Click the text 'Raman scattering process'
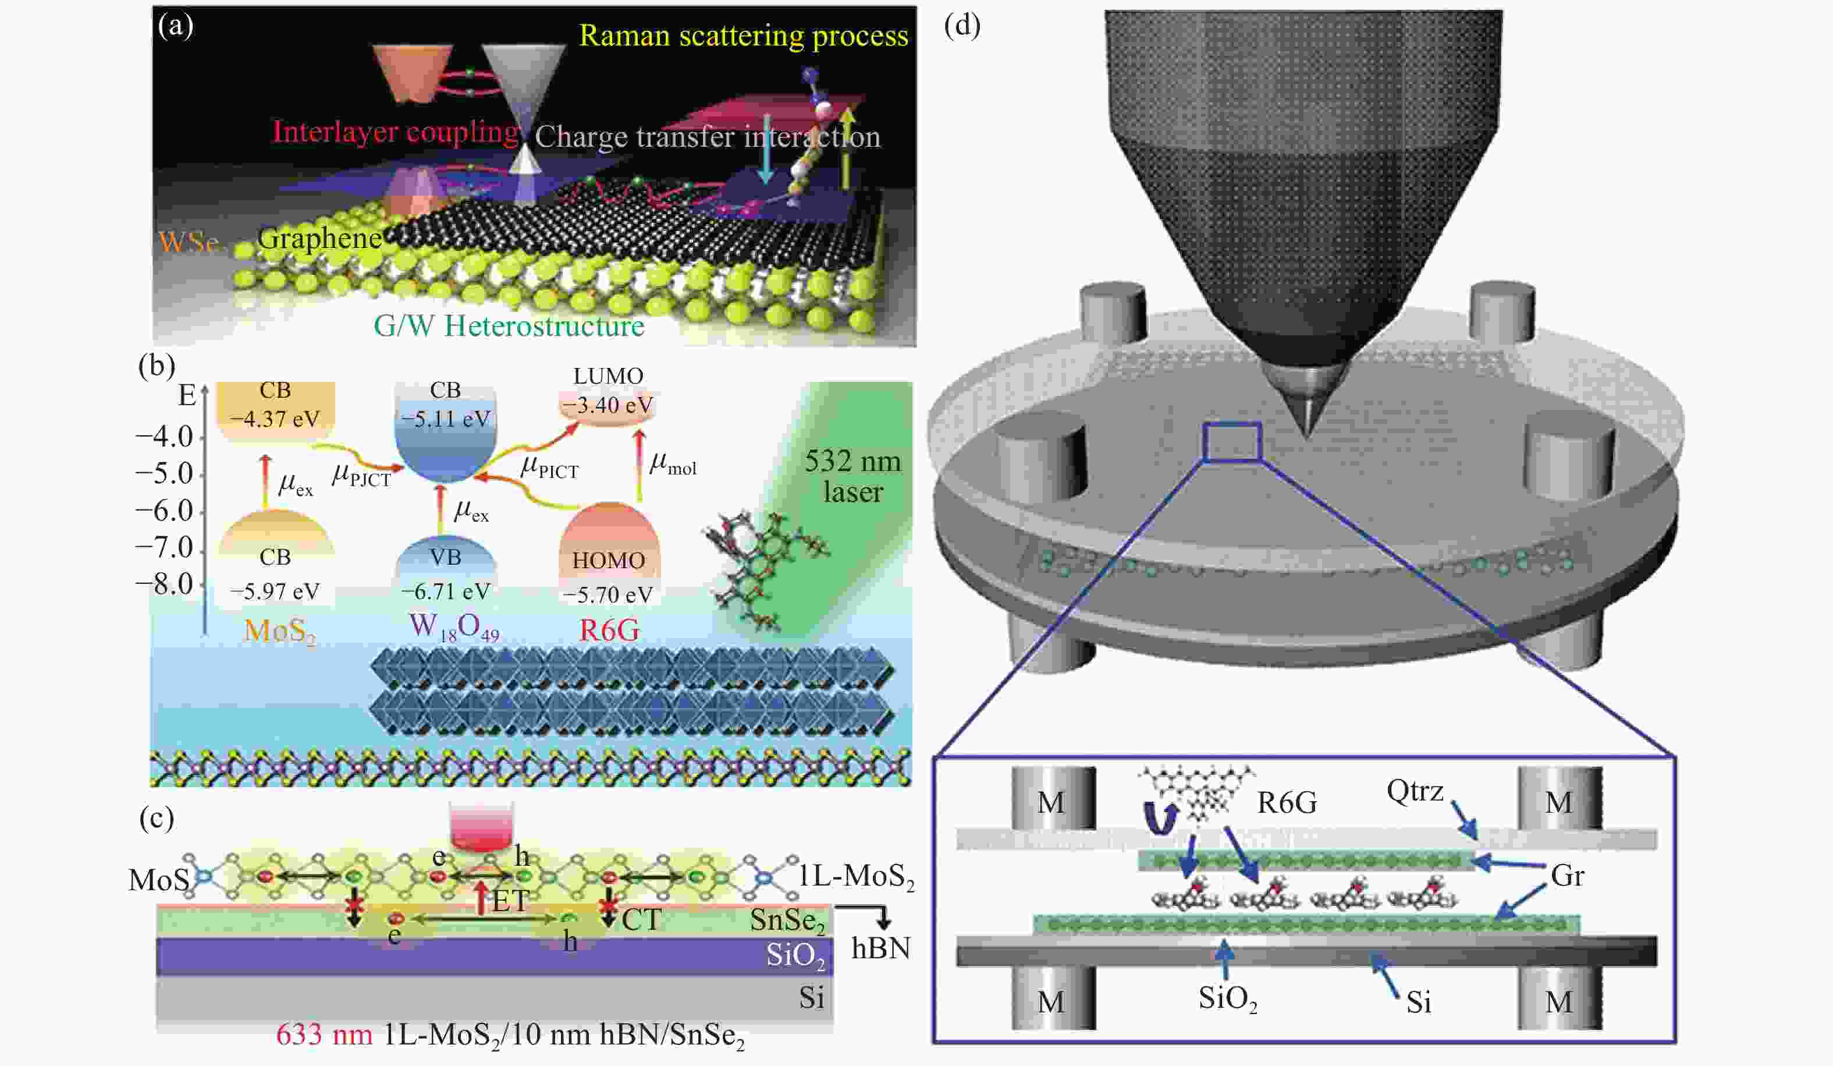pos(744,36)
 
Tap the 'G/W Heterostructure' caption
pos(509,325)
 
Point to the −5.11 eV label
pos(446,419)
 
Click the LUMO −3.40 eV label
pos(609,404)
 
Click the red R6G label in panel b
pos(609,629)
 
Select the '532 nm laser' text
pos(852,477)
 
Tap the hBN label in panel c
pos(881,948)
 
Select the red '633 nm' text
pos(324,1034)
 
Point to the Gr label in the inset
pos(1566,876)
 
